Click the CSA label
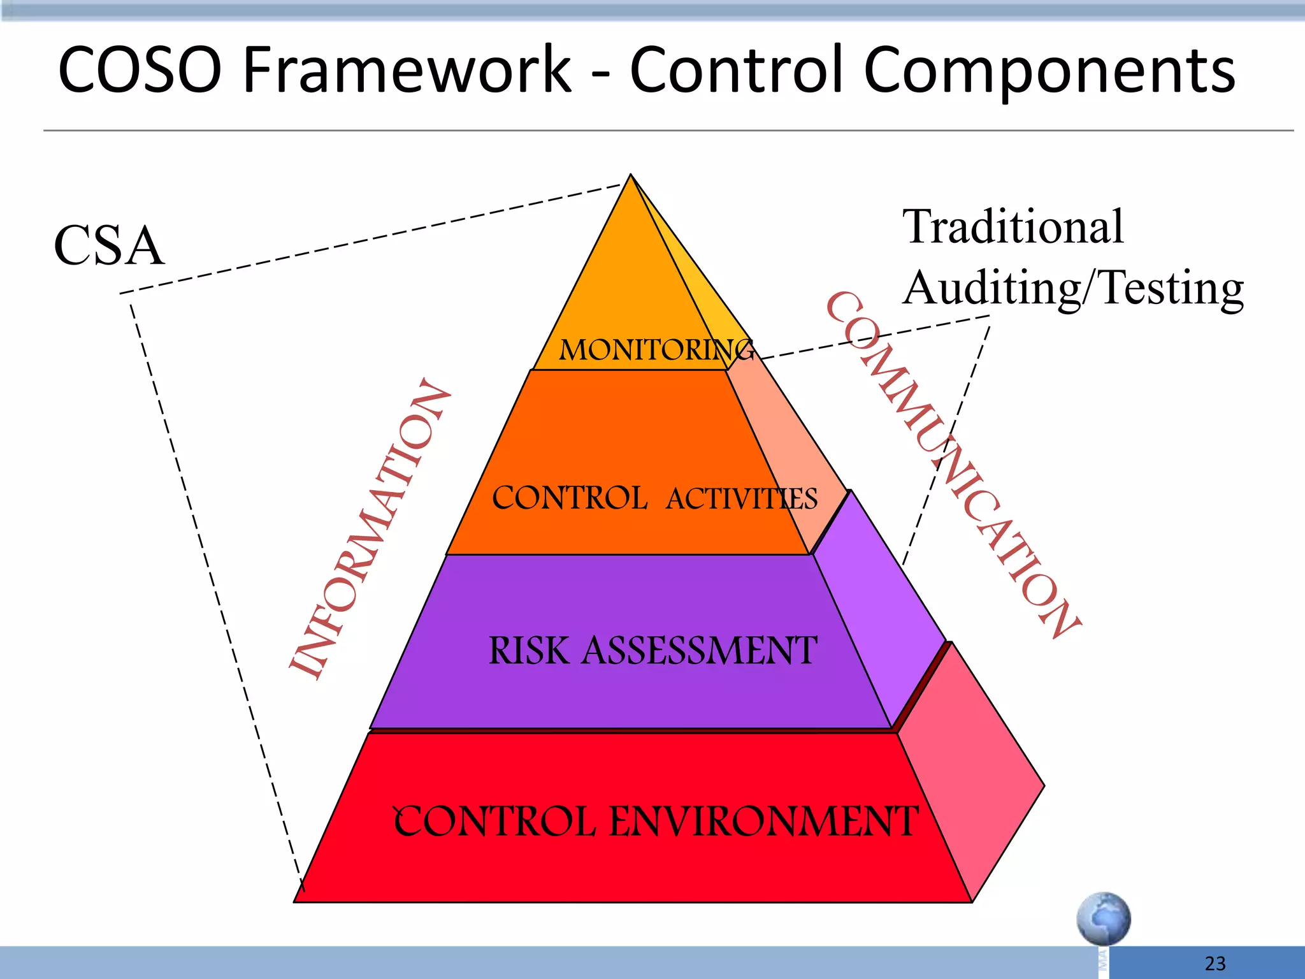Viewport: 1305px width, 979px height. [109, 246]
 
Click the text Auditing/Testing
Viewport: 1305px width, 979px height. [1073, 288]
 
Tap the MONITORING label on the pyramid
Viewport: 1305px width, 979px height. [656, 350]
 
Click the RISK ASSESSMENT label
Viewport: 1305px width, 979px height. [652, 651]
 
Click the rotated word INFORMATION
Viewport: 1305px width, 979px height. [370, 529]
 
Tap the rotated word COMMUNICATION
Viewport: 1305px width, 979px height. [953, 465]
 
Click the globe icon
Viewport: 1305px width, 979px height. [1104, 918]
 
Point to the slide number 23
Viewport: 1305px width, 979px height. [1215, 963]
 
